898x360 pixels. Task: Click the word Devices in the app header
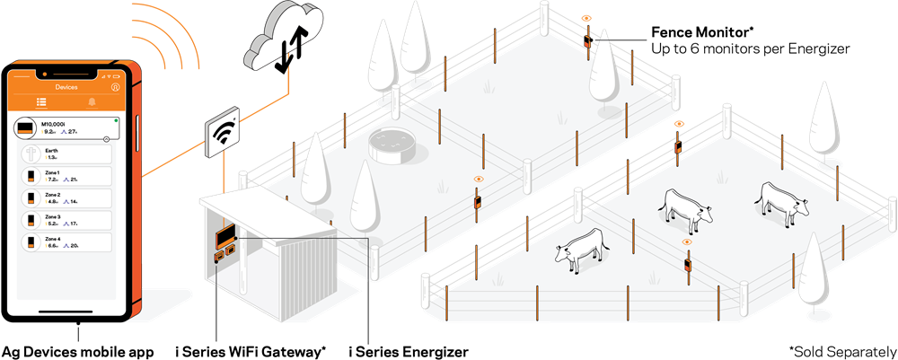coord(66,87)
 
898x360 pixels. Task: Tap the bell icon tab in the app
coord(92,102)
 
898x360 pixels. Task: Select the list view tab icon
coord(40,102)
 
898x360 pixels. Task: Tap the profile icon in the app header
coord(114,87)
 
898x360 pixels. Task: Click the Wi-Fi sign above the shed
coord(221,133)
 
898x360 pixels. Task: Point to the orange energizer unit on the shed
coord(224,238)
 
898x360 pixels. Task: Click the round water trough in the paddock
coord(392,147)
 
